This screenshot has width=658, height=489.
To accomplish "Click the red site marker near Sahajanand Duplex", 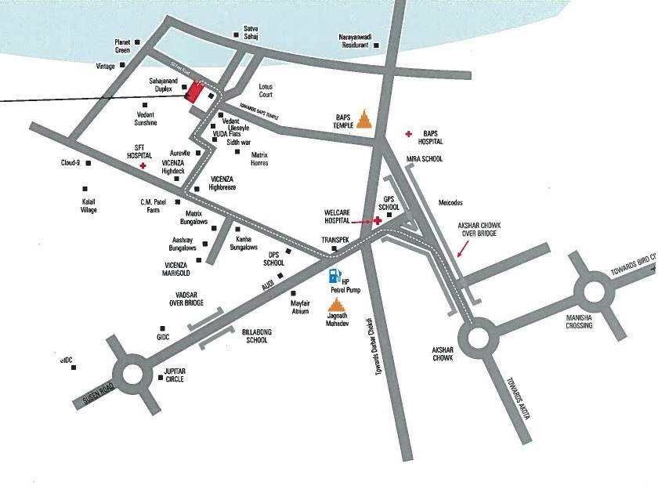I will click(x=193, y=92).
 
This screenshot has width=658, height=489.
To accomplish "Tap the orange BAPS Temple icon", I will click(x=364, y=118).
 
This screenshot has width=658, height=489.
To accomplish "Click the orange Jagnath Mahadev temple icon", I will click(x=336, y=305).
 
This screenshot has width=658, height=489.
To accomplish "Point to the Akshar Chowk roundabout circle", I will click(x=477, y=339).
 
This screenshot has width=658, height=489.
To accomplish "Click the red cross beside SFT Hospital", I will click(x=143, y=166).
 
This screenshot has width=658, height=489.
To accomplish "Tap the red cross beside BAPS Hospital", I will click(x=407, y=135).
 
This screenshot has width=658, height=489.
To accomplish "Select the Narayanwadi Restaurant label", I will click(x=348, y=41).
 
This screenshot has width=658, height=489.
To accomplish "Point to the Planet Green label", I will click(x=121, y=46).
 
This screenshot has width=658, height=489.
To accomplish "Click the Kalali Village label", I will click(x=89, y=205).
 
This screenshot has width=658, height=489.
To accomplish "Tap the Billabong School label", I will click(x=256, y=336).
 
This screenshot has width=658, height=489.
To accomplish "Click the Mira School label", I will click(x=425, y=159).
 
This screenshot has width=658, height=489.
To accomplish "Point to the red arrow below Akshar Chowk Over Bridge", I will click(x=464, y=248).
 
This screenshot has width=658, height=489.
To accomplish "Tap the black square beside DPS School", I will click(x=288, y=252).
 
